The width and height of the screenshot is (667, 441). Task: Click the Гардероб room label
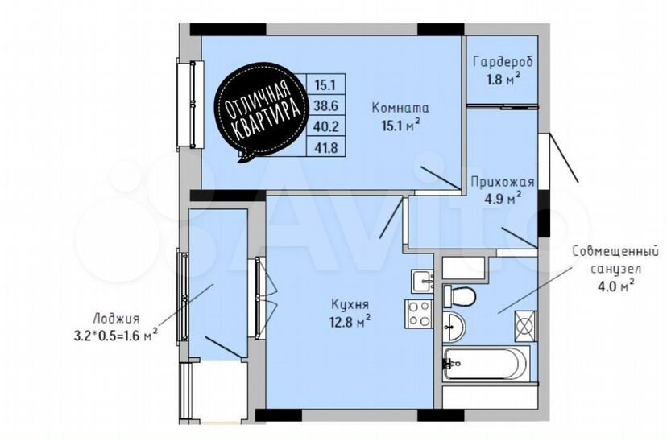pyautogui.click(x=503, y=63)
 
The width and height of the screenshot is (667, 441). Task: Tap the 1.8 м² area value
pyautogui.click(x=503, y=79)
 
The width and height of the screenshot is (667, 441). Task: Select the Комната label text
pyautogui.click(x=400, y=108)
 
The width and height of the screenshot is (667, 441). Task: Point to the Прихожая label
pyautogui.click(x=503, y=183)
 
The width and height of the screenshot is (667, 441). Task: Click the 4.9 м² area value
pyautogui.click(x=503, y=198)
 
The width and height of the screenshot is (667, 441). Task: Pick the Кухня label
pyautogui.click(x=350, y=305)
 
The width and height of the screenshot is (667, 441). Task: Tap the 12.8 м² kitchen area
pyautogui.click(x=350, y=321)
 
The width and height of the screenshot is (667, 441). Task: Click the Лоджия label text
pyautogui.click(x=116, y=319)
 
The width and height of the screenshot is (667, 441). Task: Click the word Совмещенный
pyautogui.click(x=615, y=252)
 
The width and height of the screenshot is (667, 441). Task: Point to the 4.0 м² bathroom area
pyautogui.click(x=616, y=286)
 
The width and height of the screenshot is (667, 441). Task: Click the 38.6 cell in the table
pyautogui.click(x=325, y=105)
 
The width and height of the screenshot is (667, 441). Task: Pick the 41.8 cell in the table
pyautogui.click(x=325, y=147)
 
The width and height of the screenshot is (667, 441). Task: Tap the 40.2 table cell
pyautogui.click(x=325, y=126)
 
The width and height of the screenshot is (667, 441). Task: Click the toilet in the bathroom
pyautogui.click(x=459, y=296)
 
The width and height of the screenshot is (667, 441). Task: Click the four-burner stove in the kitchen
pyautogui.click(x=420, y=314)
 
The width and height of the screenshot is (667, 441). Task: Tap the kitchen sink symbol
pyautogui.click(x=422, y=281)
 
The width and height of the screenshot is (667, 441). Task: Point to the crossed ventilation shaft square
pyautogui.click(x=526, y=326)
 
